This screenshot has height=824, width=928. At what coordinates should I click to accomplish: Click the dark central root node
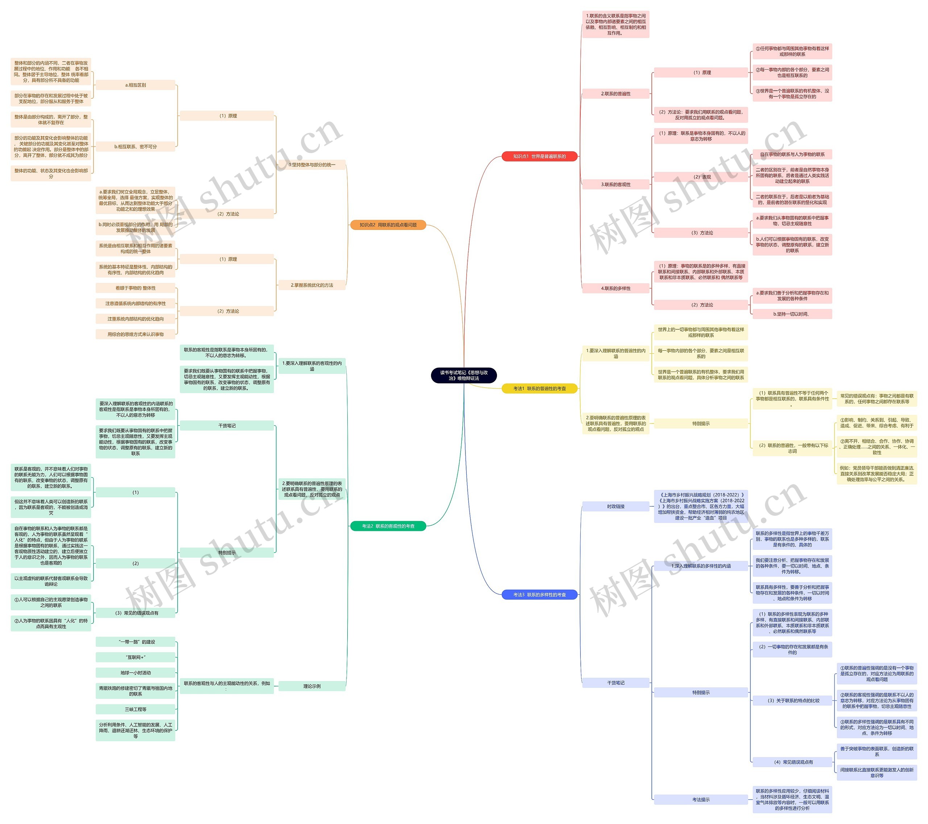click(x=464, y=375)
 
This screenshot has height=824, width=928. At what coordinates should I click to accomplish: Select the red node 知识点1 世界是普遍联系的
click(x=539, y=156)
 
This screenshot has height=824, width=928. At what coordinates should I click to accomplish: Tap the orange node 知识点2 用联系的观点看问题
click(x=388, y=225)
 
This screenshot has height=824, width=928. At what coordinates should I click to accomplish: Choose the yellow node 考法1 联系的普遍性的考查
click(x=539, y=388)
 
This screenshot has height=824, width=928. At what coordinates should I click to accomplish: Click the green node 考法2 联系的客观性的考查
click(x=388, y=526)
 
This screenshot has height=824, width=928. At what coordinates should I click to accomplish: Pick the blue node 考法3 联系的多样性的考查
click(x=539, y=594)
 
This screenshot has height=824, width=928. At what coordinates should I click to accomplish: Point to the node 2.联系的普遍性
click(x=615, y=94)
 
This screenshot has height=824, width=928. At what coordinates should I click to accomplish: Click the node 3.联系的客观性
click(x=615, y=185)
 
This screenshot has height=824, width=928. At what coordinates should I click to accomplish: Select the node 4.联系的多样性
click(x=615, y=288)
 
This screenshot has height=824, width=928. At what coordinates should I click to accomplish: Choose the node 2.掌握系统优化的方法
click(x=312, y=285)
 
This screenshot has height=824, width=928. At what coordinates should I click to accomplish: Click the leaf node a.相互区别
click(x=135, y=85)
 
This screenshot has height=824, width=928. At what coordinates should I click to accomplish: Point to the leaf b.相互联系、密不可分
click(x=135, y=147)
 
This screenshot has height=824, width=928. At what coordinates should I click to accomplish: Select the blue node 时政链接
click(x=615, y=506)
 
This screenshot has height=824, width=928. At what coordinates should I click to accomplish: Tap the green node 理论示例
click(x=312, y=686)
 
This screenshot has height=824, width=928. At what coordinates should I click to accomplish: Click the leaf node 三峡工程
click(x=135, y=709)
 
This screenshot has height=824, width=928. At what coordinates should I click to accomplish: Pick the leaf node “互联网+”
click(x=135, y=657)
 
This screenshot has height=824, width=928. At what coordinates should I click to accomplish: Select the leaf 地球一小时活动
click(x=135, y=673)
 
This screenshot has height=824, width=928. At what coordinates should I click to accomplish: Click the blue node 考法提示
click(x=701, y=799)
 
